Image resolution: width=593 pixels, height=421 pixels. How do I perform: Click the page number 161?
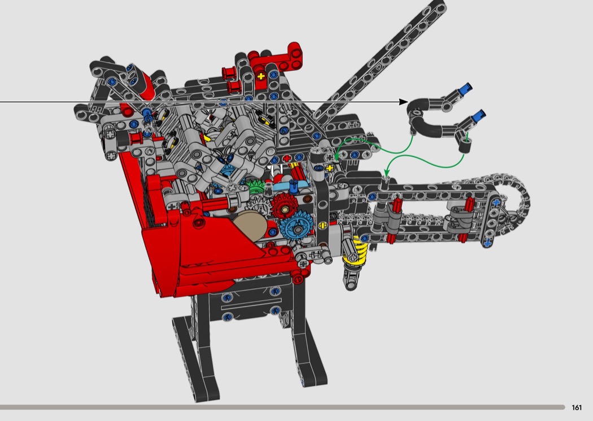click(577, 407)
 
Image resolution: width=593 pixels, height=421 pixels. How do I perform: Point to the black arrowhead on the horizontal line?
click(404, 102)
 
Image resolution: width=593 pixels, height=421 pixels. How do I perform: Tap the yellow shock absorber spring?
click(355, 251)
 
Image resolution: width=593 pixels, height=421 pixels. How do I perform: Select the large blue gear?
click(295, 227)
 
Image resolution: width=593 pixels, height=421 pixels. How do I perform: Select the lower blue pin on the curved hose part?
click(479, 115)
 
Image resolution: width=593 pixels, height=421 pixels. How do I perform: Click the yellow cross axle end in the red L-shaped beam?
click(261, 77)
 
